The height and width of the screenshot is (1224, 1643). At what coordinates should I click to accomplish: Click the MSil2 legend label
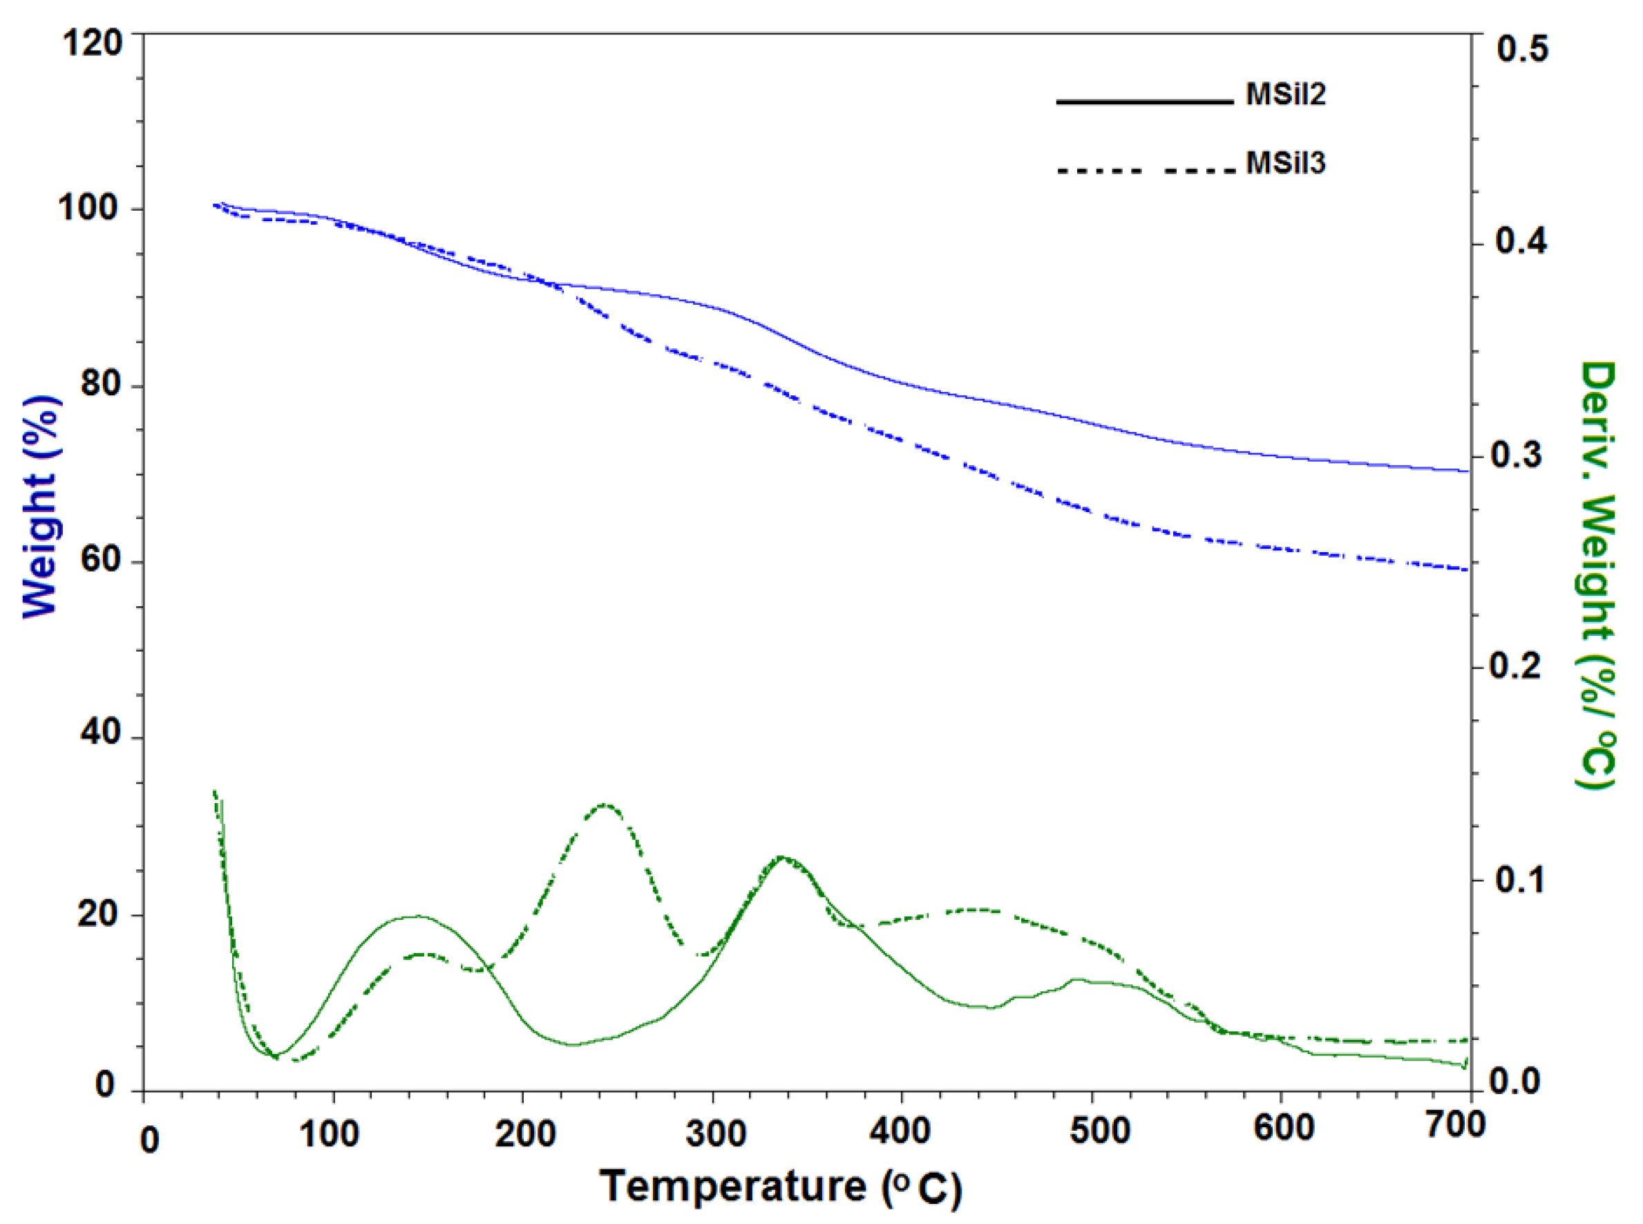[1285, 95]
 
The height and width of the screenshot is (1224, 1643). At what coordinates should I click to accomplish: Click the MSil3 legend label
[1285, 163]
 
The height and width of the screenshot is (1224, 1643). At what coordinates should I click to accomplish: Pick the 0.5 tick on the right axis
[1521, 49]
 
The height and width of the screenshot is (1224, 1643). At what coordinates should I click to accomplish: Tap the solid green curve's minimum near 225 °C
[573, 1046]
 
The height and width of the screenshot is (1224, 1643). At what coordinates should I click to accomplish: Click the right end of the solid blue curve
[1468, 471]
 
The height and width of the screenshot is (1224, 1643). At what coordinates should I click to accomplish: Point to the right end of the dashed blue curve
[1466, 569]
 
